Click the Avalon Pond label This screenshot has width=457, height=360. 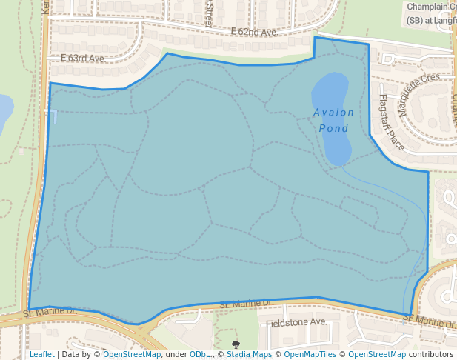coord(333,120)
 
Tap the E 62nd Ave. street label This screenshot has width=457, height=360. coord(253,33)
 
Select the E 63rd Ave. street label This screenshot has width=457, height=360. coord(83,58)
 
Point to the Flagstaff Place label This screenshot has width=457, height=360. coord(391,122)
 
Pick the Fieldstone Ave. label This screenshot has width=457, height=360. coord(296,322)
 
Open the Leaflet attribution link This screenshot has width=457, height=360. coord(41,354)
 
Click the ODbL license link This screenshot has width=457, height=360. coord(200,354)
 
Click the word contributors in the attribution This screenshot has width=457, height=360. coord(430,354)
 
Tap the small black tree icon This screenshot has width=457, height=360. coord(236,344)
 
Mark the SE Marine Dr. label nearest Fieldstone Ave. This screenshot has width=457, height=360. coord(247,304)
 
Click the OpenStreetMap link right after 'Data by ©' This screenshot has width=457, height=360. coord(132,354)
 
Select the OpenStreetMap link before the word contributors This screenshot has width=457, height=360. coord(377,354)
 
